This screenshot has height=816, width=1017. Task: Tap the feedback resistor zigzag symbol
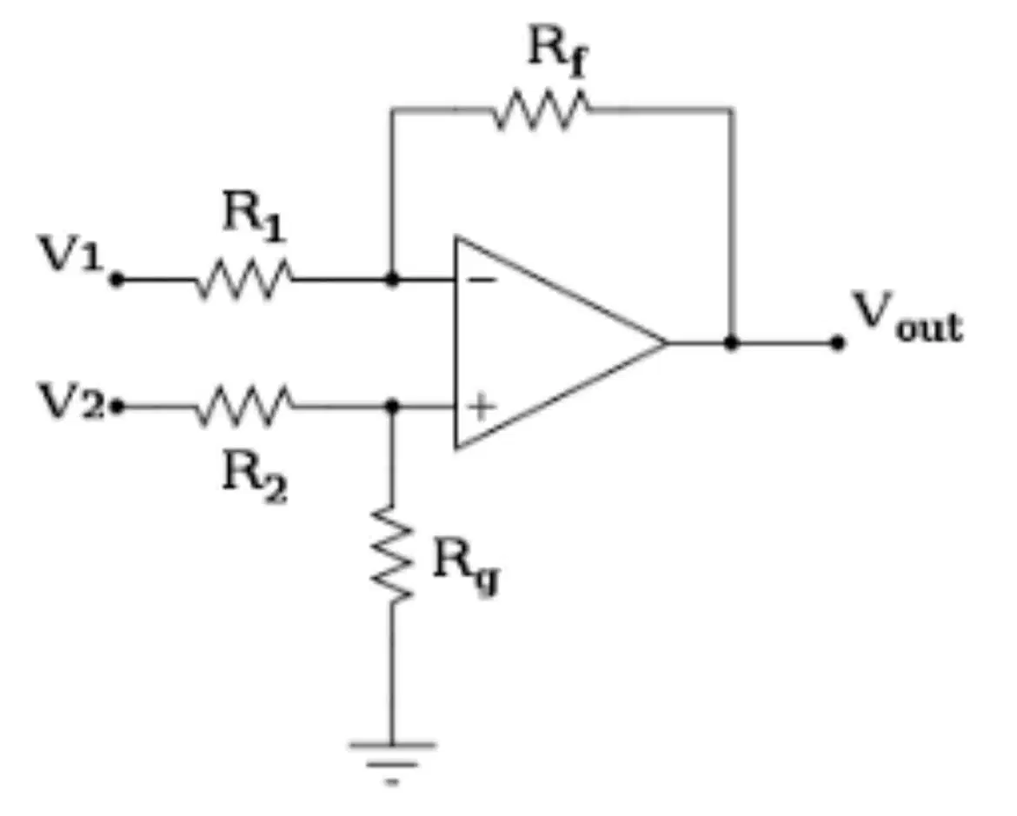pos(541,110)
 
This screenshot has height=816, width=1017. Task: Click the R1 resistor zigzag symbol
pos(244,279)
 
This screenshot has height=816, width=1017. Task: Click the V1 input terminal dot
pos(116,280)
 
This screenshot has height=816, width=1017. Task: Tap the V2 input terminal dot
pos(116,408)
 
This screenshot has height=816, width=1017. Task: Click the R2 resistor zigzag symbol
pos(244,407)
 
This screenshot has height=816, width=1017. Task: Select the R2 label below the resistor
pos(254,479)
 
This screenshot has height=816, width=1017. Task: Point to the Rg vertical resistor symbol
pos(392,554)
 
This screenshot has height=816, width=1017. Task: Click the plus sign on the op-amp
pos(482,408)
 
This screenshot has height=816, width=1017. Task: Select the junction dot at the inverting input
pos(391,280)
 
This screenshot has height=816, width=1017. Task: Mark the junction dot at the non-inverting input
pos(391,407)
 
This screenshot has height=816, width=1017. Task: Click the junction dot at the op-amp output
pos(732,342)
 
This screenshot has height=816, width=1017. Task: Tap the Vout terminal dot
pos(838,342)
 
